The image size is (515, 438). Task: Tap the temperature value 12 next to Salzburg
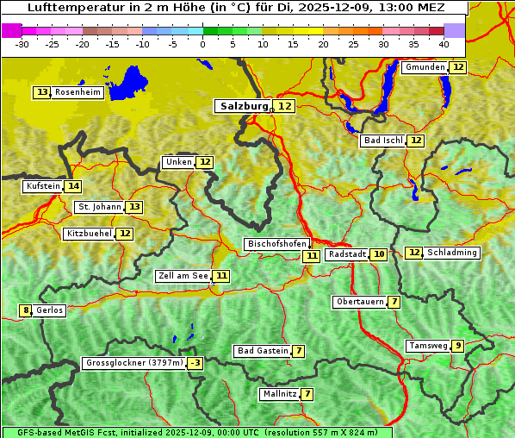285,106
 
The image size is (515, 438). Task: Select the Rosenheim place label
78,92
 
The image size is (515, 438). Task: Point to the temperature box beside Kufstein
73,186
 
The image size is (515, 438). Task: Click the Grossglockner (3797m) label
134,363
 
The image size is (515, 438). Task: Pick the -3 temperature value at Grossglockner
195,363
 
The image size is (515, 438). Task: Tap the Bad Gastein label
263,351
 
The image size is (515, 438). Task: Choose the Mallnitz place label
279,394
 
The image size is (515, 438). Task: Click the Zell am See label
183,276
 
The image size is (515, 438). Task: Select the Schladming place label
452,253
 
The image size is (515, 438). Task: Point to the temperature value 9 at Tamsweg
458,346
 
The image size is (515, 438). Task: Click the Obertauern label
359,302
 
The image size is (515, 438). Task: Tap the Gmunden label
425,67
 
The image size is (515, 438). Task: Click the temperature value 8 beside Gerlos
26,310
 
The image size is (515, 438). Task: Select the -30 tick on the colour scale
22,44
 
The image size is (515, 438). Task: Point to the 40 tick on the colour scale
444,44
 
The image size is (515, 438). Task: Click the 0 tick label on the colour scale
203,44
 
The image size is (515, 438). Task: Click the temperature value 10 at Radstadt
379,254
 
